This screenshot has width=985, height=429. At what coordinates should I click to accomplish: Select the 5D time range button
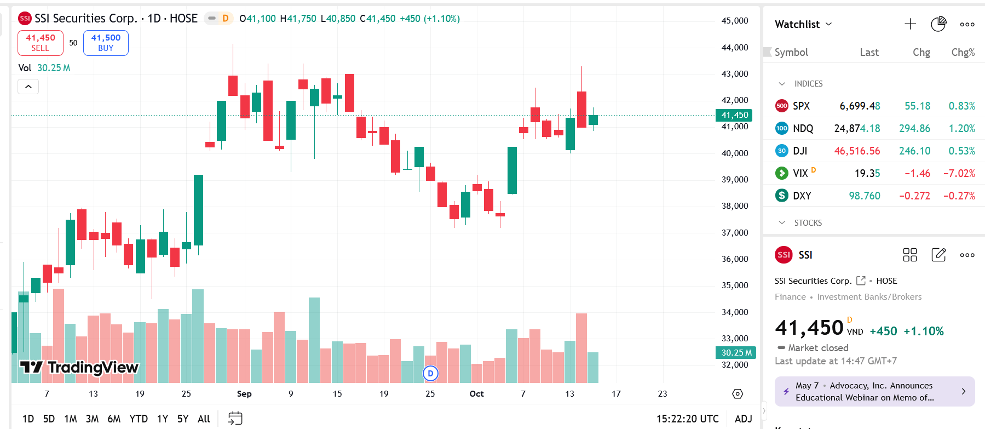coord(49,419)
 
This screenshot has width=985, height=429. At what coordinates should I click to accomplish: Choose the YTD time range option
coord(139,419)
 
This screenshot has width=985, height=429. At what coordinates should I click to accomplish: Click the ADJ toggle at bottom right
coord(743,419)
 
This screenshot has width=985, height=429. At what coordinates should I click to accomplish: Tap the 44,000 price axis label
coord(734,48)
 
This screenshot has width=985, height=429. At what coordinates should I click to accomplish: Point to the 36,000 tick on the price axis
coord(734,259)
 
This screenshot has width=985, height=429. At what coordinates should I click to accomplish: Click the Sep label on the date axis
coord(244,394)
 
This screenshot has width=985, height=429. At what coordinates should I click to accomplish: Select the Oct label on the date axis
coord(476,394)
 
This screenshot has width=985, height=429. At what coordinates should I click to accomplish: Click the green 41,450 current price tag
coord(734,115)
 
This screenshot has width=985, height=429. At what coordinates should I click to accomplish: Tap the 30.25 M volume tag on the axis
coord(736,353)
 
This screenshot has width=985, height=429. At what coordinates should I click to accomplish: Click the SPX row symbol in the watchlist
coord(801,106)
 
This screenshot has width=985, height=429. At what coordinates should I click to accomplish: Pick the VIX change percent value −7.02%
coord(959,174)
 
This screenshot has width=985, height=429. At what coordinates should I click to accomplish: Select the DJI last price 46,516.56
coord(857,151)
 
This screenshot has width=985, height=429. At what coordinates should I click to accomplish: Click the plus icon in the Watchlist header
coord(910,24)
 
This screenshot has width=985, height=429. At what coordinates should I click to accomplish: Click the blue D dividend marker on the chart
coord(430,374)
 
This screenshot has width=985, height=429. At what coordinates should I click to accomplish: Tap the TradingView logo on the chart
coord(79,367)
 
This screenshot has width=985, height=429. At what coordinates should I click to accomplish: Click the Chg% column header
coord(963,53)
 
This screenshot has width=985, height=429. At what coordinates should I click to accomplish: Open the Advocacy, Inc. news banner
coord(874,392)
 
